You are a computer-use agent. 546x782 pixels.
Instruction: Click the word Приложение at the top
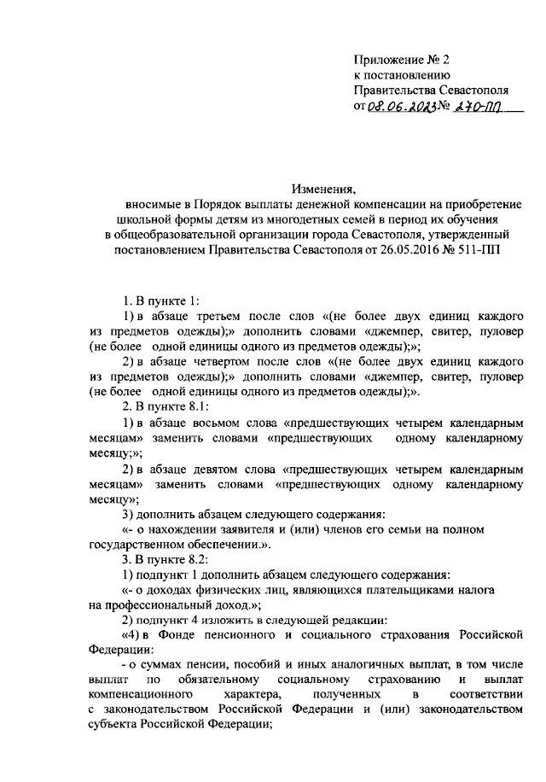pyautogui.click(x=392, y=59)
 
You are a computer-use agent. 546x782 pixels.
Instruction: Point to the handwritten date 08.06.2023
pyautogui.click(x=401, y=108)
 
